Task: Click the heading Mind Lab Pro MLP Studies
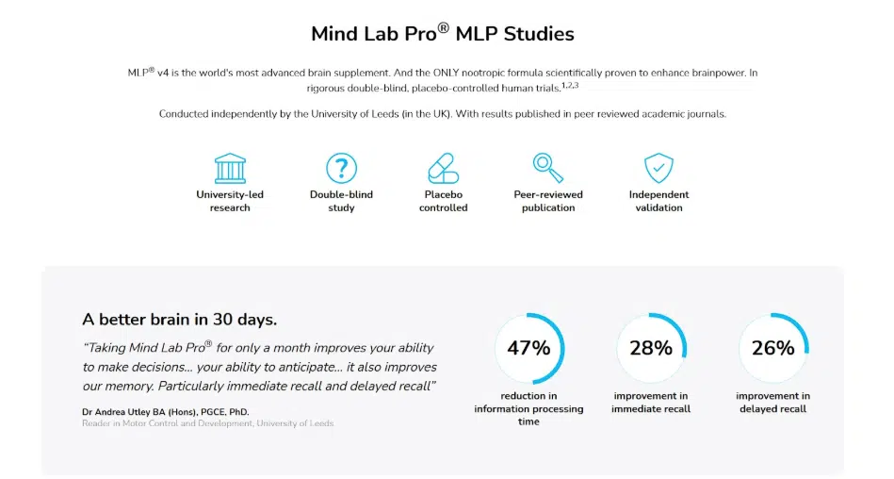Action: tap(442, 34)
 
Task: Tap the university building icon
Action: tap(230, 169)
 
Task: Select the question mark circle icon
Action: tap(341, 169)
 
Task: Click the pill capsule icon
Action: tap(443, 169)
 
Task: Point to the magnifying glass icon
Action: tap(547, 168)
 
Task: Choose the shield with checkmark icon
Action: tap(658, 169)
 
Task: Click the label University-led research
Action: tap(230, 201)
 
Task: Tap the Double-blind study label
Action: tap(341, 201)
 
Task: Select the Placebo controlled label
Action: tap(443, 201)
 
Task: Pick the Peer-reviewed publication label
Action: tap(547, 201)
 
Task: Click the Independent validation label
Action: tap(658, 201)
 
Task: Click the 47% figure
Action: tap(528, 348)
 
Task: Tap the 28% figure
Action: tap(651, 348)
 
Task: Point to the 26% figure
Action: tap(772, 348)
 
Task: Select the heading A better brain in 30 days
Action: tap(179, 319)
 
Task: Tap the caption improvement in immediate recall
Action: tap(651, 403)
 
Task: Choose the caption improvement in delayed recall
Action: tap(772, 403)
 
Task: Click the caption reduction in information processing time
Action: tap(528, 408)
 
